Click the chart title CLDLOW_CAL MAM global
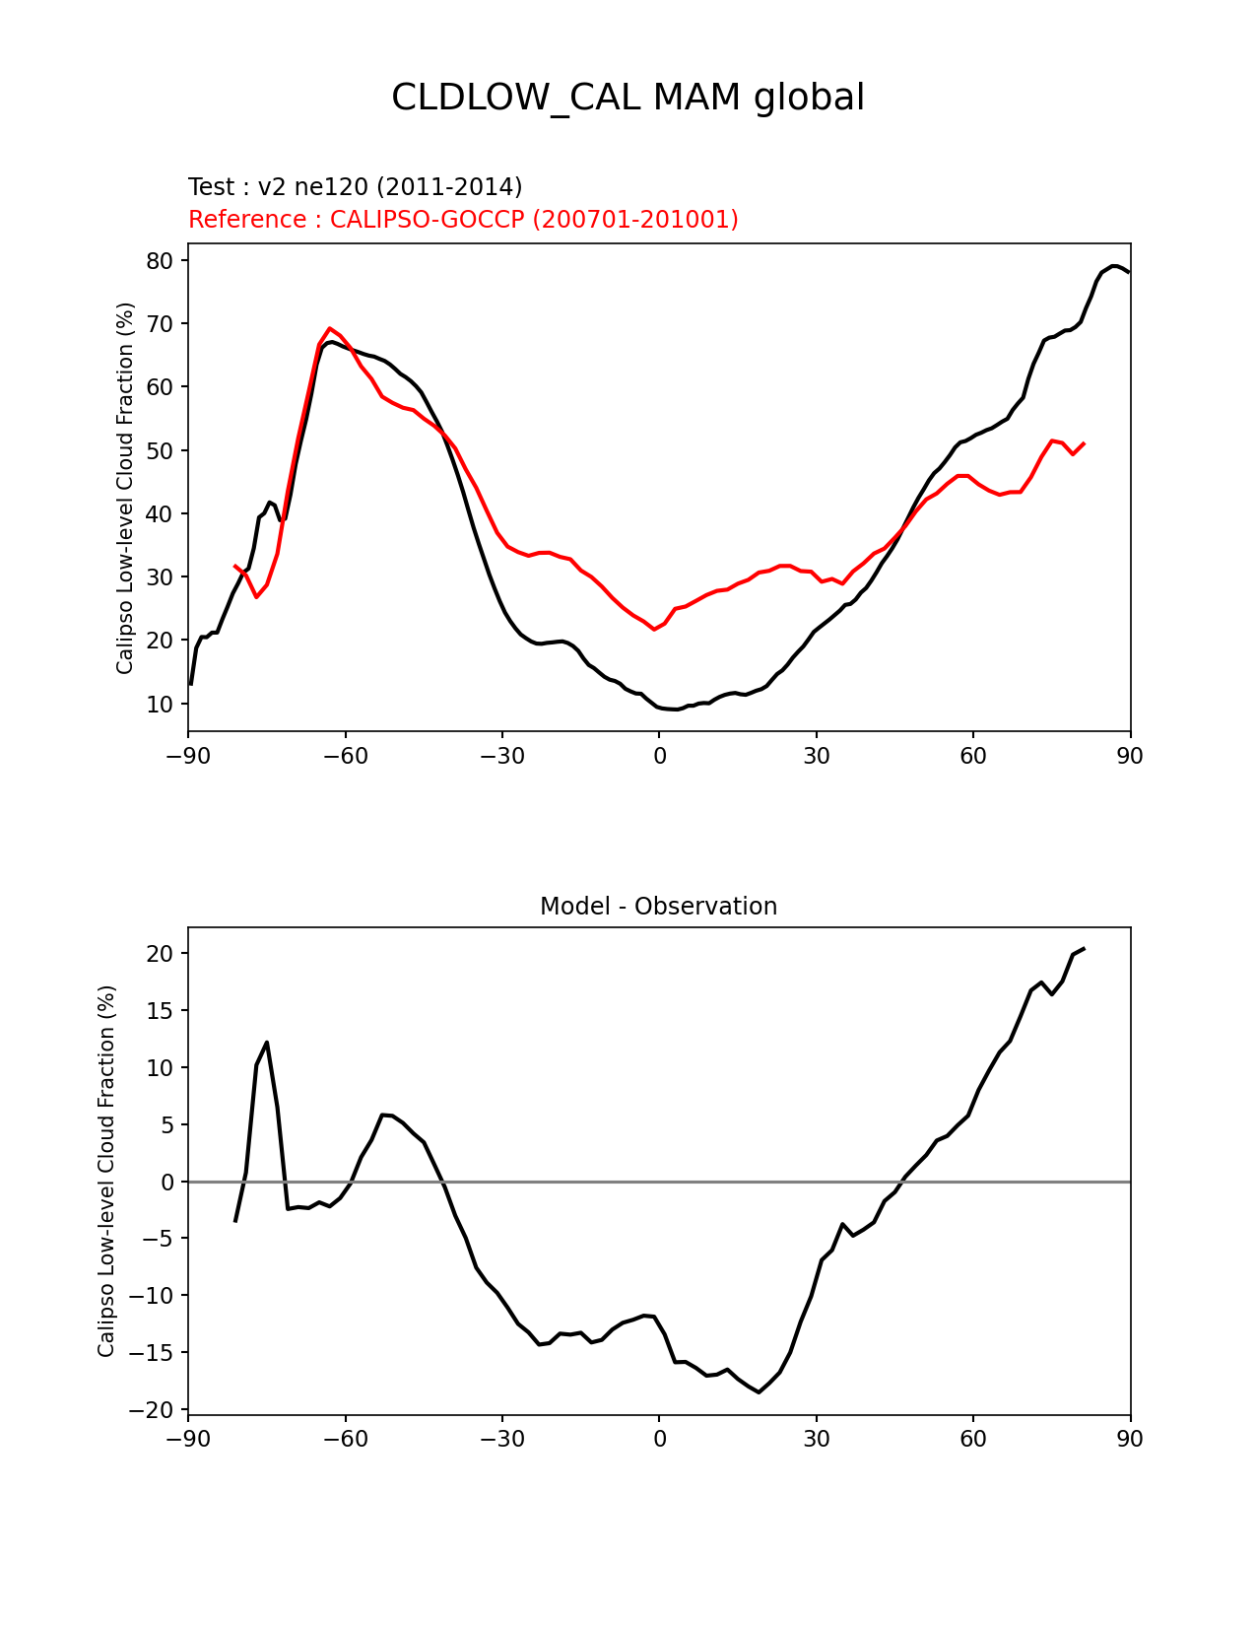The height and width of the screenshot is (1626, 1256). [x=628, y=98]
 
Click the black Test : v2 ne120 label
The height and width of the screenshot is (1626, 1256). [x=355, y=187]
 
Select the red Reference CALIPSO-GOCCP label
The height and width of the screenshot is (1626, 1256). [x=463, y=220]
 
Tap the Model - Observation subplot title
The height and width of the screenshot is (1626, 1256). [x=658, y=907]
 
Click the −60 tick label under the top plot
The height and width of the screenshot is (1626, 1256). [x=345, y=756]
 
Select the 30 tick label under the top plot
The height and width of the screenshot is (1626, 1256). [x=816, y=756]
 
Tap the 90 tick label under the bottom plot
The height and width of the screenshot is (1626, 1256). [x=1130, y=1439]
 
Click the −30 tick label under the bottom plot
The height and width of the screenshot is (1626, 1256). [x=501, y=1439]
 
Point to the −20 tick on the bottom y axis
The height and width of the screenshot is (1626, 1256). [x=151, y=1410]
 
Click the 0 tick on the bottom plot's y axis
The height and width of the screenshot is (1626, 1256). [x=166, y=1182]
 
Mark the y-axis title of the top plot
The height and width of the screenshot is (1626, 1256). [x=125, y=488]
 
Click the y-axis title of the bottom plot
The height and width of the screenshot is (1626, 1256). [x=106, y=1171]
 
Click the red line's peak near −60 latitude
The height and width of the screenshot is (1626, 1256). [x=330, y=328]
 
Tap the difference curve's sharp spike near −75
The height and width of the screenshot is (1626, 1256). [x=267, y=1043]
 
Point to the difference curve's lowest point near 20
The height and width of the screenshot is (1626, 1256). [x=759, y=1391]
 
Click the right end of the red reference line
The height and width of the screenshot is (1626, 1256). [x=1084, y=443]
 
